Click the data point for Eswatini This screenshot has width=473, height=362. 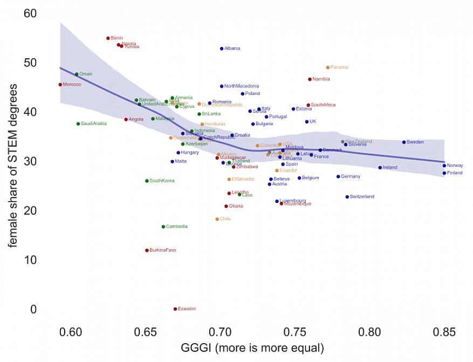tap(175, 309)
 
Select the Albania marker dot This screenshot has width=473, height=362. tap(222, 49)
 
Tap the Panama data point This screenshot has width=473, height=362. tap(327, 67)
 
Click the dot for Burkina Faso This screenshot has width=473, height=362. tap(147, 250)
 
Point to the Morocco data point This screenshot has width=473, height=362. tap(60, 85)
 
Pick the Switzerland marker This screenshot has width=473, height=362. tap(347, 197)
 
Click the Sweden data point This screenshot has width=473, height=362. tap(403, 142)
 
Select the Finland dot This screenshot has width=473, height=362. tap(444, 173)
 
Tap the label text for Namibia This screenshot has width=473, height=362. tap(321, 79)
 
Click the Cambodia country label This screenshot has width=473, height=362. tap(176, 227)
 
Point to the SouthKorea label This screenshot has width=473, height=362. tap(162, 181)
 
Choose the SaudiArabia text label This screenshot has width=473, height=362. tap(93, 124)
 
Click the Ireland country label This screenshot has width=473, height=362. tap(389, 168)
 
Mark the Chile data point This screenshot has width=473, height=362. tap(217, 219)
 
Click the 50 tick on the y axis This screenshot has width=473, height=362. tap(30, 63)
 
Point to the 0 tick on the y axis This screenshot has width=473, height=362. tap(33, 309)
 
